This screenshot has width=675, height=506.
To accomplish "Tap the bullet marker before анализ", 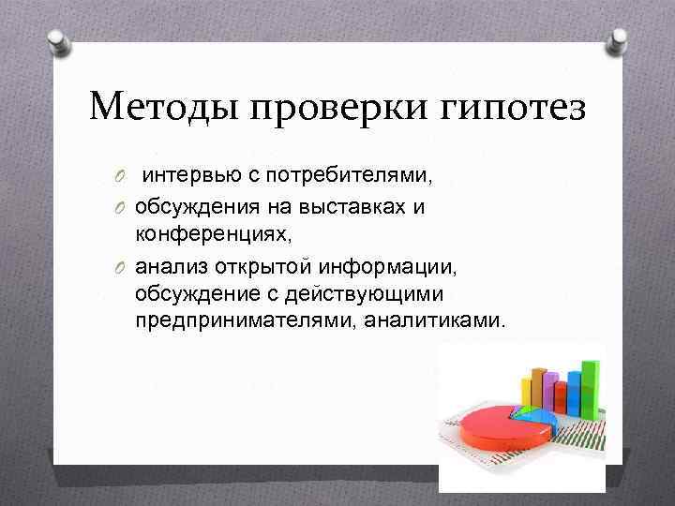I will [122, 270].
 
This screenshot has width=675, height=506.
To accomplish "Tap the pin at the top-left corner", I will [57, 39].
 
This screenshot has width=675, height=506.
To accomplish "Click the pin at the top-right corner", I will [618, 39].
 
